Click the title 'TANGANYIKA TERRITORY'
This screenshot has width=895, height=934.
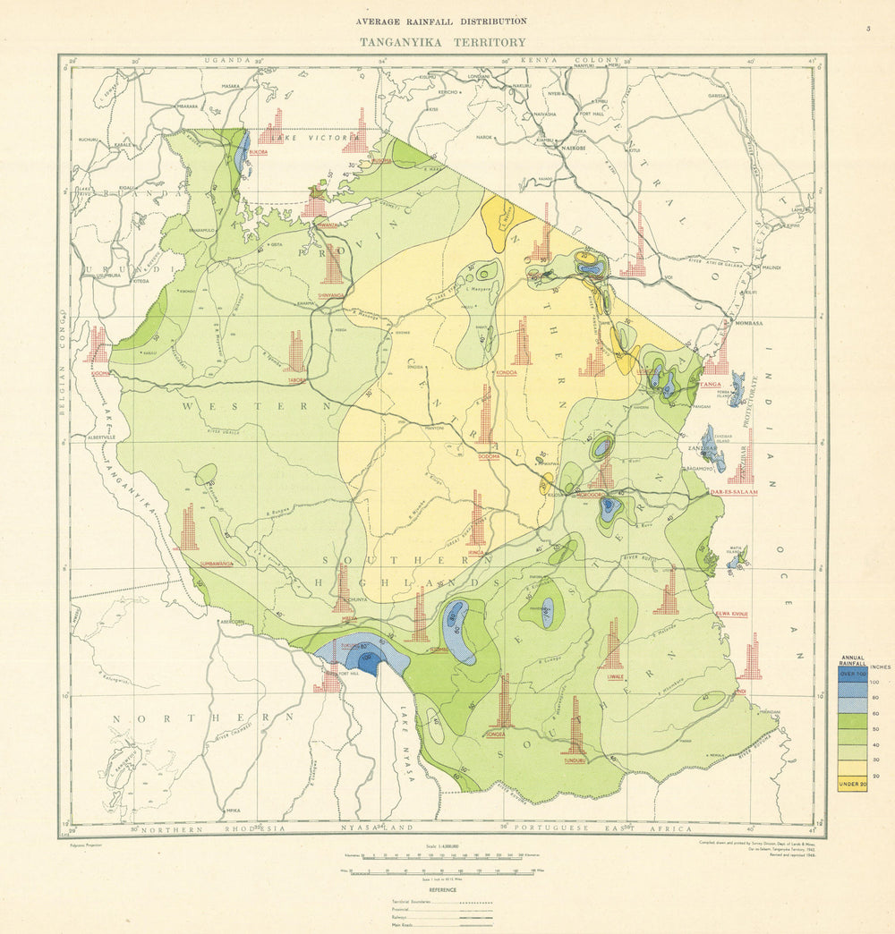[442, 41]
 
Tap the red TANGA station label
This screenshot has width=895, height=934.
[711, 384]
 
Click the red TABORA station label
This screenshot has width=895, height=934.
[296, 379]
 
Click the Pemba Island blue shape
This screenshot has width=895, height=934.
[737, 389]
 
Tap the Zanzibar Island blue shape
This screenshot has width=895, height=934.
[712, 446]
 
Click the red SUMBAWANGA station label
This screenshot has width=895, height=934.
[190, 564]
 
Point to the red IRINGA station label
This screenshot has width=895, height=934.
[475, 553]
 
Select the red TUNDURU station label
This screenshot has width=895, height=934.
[574, 761]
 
